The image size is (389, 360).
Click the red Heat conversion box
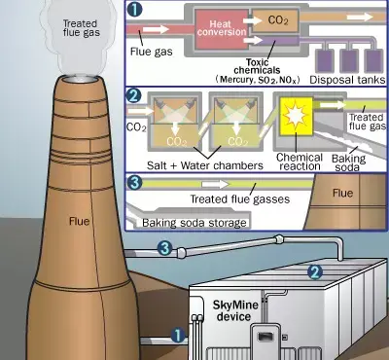(x=221, y=29)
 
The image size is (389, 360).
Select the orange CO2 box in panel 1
(x=275, y=20)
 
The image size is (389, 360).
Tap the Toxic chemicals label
(x=258, y=66)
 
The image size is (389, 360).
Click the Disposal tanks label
(x=347, y=80)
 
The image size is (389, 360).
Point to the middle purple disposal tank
(x=349, y=61)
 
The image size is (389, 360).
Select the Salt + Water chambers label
(x=205, y=165)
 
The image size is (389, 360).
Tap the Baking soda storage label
(x=194, y=223)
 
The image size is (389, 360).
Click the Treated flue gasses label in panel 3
(x=239, y=198)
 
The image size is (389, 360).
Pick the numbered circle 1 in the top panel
(x=134, y=9)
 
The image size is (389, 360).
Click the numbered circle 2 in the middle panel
(x=134, y=95)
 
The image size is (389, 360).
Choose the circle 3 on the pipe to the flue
(x=165, y=248)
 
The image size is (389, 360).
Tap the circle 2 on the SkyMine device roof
(x=315, y=272)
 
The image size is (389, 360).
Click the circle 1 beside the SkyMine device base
(x=178, y=336)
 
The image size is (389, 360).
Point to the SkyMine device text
(x=235, y=310)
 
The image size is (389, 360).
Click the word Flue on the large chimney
(x=79, y=221)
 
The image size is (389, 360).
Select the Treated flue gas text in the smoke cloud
(x=82, y=28)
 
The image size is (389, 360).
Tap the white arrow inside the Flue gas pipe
(x=156, y=29)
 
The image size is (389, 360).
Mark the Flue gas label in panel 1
(x=151, y=52)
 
